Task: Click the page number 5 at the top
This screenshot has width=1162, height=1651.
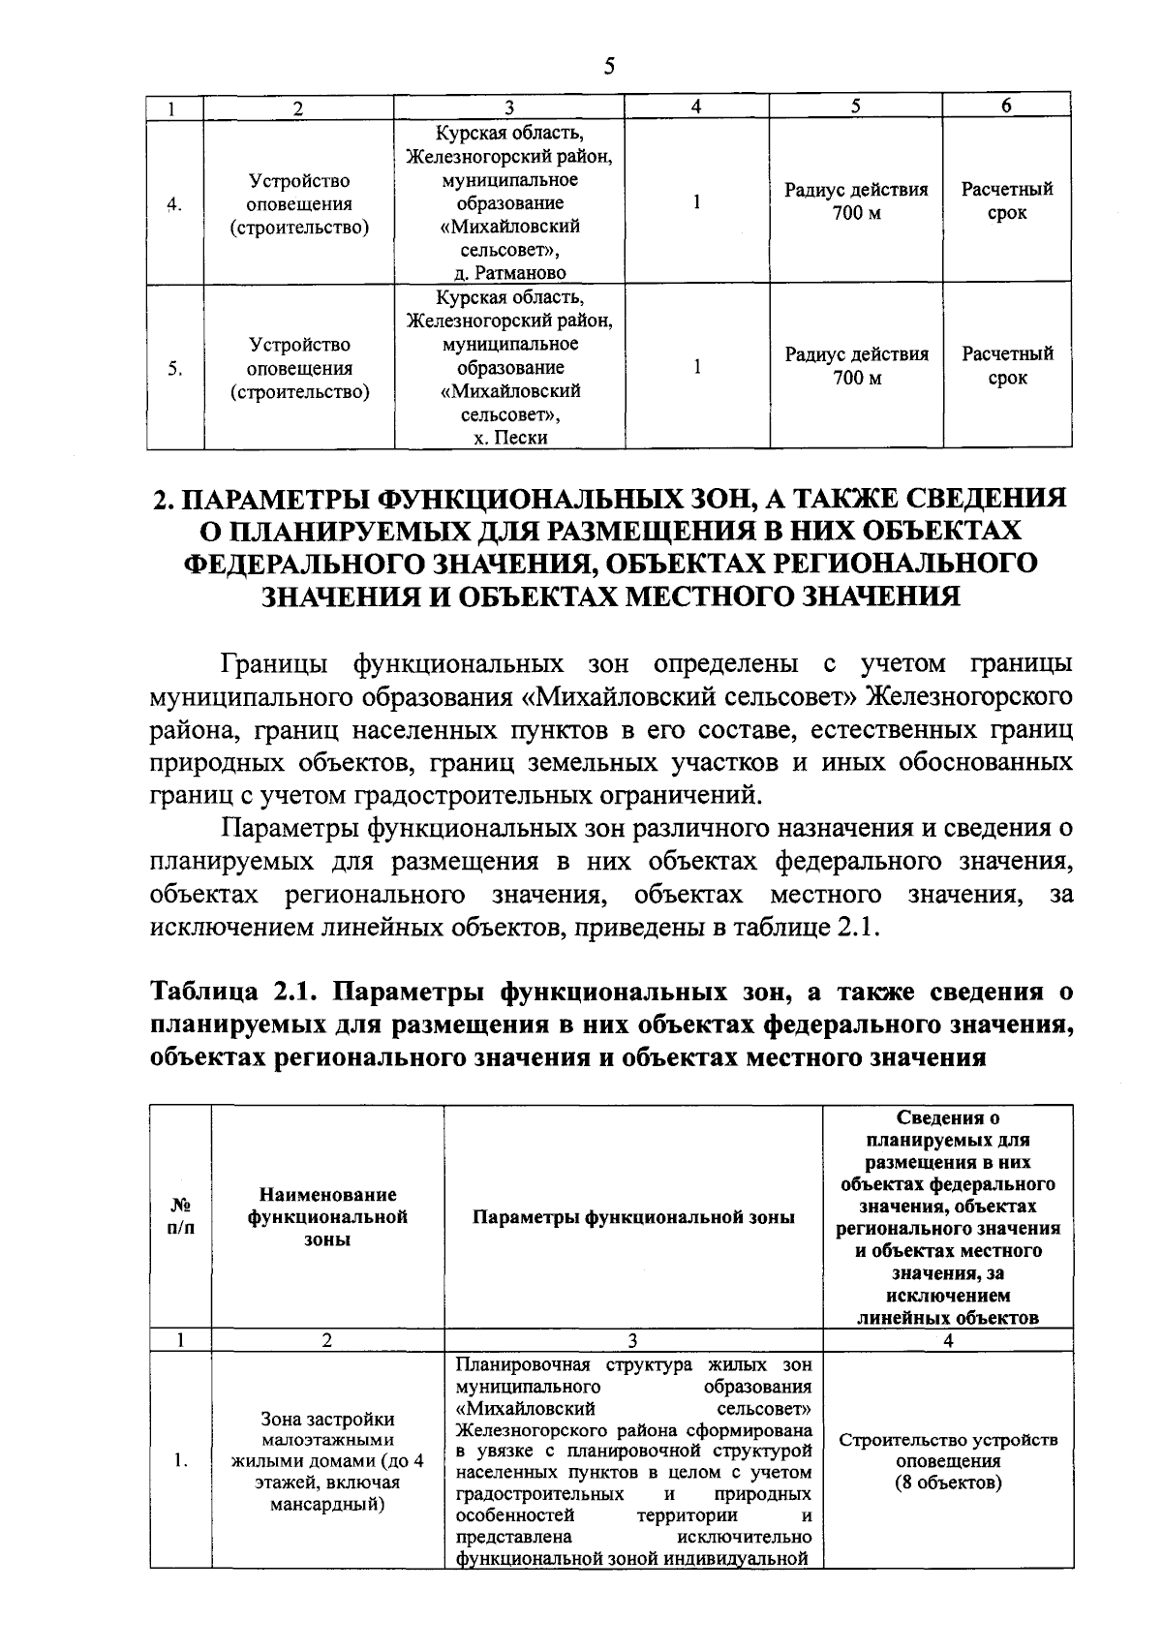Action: point(608,66)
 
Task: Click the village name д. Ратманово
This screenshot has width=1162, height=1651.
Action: point(510,273)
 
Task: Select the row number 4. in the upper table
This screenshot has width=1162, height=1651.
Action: point(174,204)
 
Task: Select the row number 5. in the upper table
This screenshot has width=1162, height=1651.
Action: point(174,369)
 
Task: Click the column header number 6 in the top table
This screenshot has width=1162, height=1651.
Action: point(1006,107)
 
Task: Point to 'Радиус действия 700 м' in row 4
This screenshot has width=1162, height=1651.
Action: point(856,201)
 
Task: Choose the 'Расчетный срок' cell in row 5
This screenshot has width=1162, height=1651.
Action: point(1007,366)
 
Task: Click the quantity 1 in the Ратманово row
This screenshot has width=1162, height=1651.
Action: point(696,202)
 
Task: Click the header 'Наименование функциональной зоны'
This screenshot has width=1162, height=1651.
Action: point(327,1217)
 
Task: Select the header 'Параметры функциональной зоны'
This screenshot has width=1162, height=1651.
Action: point(633,1217)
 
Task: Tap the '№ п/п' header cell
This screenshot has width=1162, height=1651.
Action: point(180,1217)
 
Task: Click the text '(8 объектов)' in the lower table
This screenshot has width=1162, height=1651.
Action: point(948,1483)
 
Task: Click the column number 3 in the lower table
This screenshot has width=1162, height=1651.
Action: point(632,1340)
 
